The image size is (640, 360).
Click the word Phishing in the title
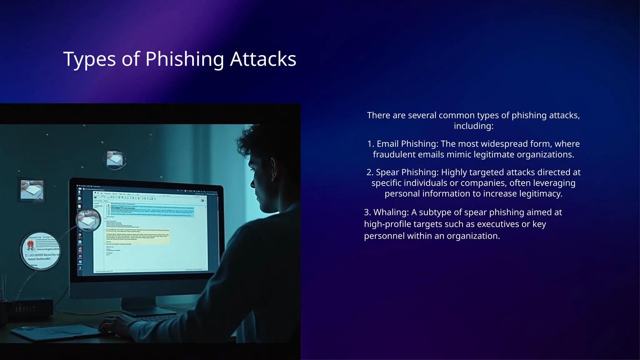point(185,59)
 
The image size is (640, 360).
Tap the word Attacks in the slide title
point(263,59)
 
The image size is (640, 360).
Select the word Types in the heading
point(89,59)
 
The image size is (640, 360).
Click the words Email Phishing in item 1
point(407,144)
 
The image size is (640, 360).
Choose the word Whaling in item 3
point(391,212)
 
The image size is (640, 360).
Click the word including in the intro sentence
point(473,126)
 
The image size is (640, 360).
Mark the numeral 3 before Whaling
point(367,212)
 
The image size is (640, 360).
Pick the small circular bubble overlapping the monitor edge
point(88,220)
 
